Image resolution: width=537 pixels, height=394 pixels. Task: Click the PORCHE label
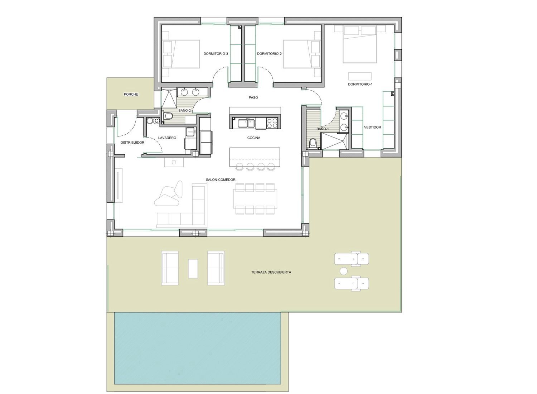tap(131, 95)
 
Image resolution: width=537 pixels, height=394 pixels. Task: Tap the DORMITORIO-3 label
tap(216, 54)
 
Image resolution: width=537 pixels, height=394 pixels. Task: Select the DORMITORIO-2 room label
tap(269, 54)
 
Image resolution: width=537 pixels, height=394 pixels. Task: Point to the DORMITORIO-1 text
tap(360, 85)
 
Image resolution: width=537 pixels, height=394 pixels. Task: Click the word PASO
tap(253, 97)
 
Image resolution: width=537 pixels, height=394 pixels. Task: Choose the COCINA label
tap(253, 138)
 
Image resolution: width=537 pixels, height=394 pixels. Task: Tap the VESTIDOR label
tap(373, 128)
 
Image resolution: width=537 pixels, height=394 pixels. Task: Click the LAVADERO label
tap(167, 138)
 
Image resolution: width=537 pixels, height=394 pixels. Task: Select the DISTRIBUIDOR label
tap(132, 143)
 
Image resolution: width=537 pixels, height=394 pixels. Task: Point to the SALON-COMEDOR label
tap(221, 179)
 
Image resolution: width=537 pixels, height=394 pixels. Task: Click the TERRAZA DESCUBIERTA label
tap(271, 272)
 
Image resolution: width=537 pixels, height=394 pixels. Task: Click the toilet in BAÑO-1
tap(313, 144)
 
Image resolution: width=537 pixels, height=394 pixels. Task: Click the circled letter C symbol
tap(156, 121)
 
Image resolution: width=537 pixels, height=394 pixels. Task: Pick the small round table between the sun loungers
tap(344, 271)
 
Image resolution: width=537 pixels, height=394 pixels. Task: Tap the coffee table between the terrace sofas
tap(193, 269)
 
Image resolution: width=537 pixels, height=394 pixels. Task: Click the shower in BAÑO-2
tap(169, 97)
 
